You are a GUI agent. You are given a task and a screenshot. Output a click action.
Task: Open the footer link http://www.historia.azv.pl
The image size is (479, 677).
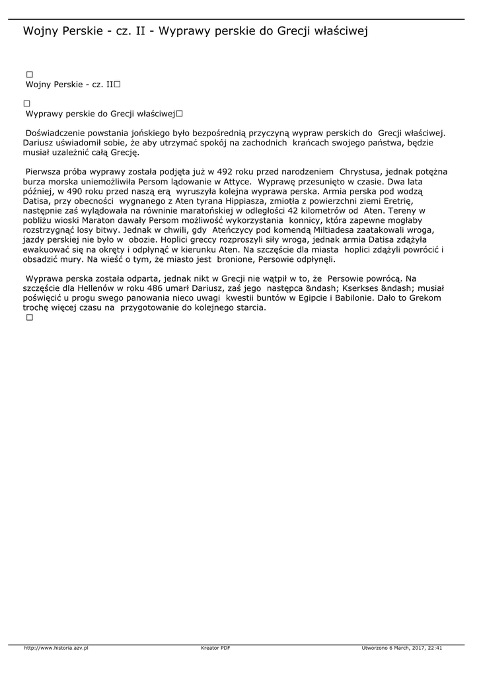pyautogui.click(x=56, y=648)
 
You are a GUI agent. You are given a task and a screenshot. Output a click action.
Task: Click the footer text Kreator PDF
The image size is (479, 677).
pyautogui.click(x=215, y=648)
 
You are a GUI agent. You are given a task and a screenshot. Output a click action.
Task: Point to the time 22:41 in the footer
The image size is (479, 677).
pyautogui.click(x=434, y=648)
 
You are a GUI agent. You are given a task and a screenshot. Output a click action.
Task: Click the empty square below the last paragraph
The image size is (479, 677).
pyautogui.click(x=29, y=318)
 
